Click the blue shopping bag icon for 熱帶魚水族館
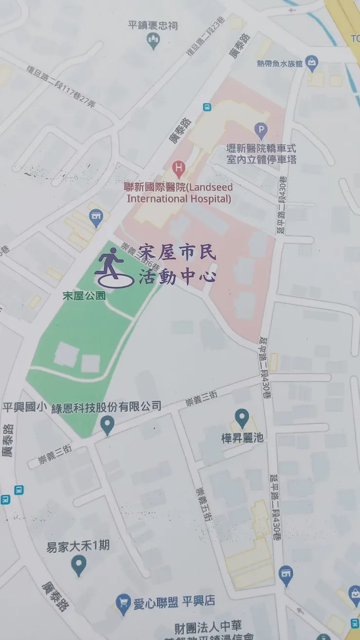tap(312, 62)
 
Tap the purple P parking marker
tap(261, 130)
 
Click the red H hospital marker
tap(179, 170)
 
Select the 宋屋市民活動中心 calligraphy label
tap(177, 264)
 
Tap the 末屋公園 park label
tap(84, 296)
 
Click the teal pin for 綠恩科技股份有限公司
tap(107, 426)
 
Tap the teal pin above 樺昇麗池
tap(242, 418)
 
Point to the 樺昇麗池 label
tap(242, 438)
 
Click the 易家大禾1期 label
tap(78, 546)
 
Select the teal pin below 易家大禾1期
tap(78, 565)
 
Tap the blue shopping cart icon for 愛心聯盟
tap(124, 603)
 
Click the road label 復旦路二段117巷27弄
tap(61, 86)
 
